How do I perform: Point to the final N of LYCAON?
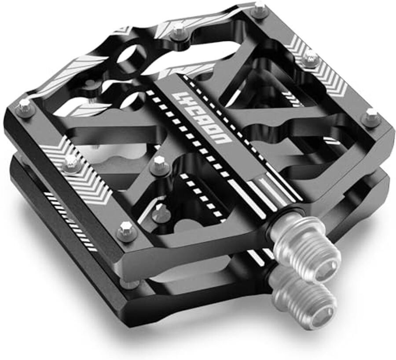tap(223, 139)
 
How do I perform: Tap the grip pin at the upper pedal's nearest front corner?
tap(126, 230)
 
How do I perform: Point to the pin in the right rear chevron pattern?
tap(311, 58)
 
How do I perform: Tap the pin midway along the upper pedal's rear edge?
tap(178, 31)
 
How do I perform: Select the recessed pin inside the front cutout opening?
tap(161, 213)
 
